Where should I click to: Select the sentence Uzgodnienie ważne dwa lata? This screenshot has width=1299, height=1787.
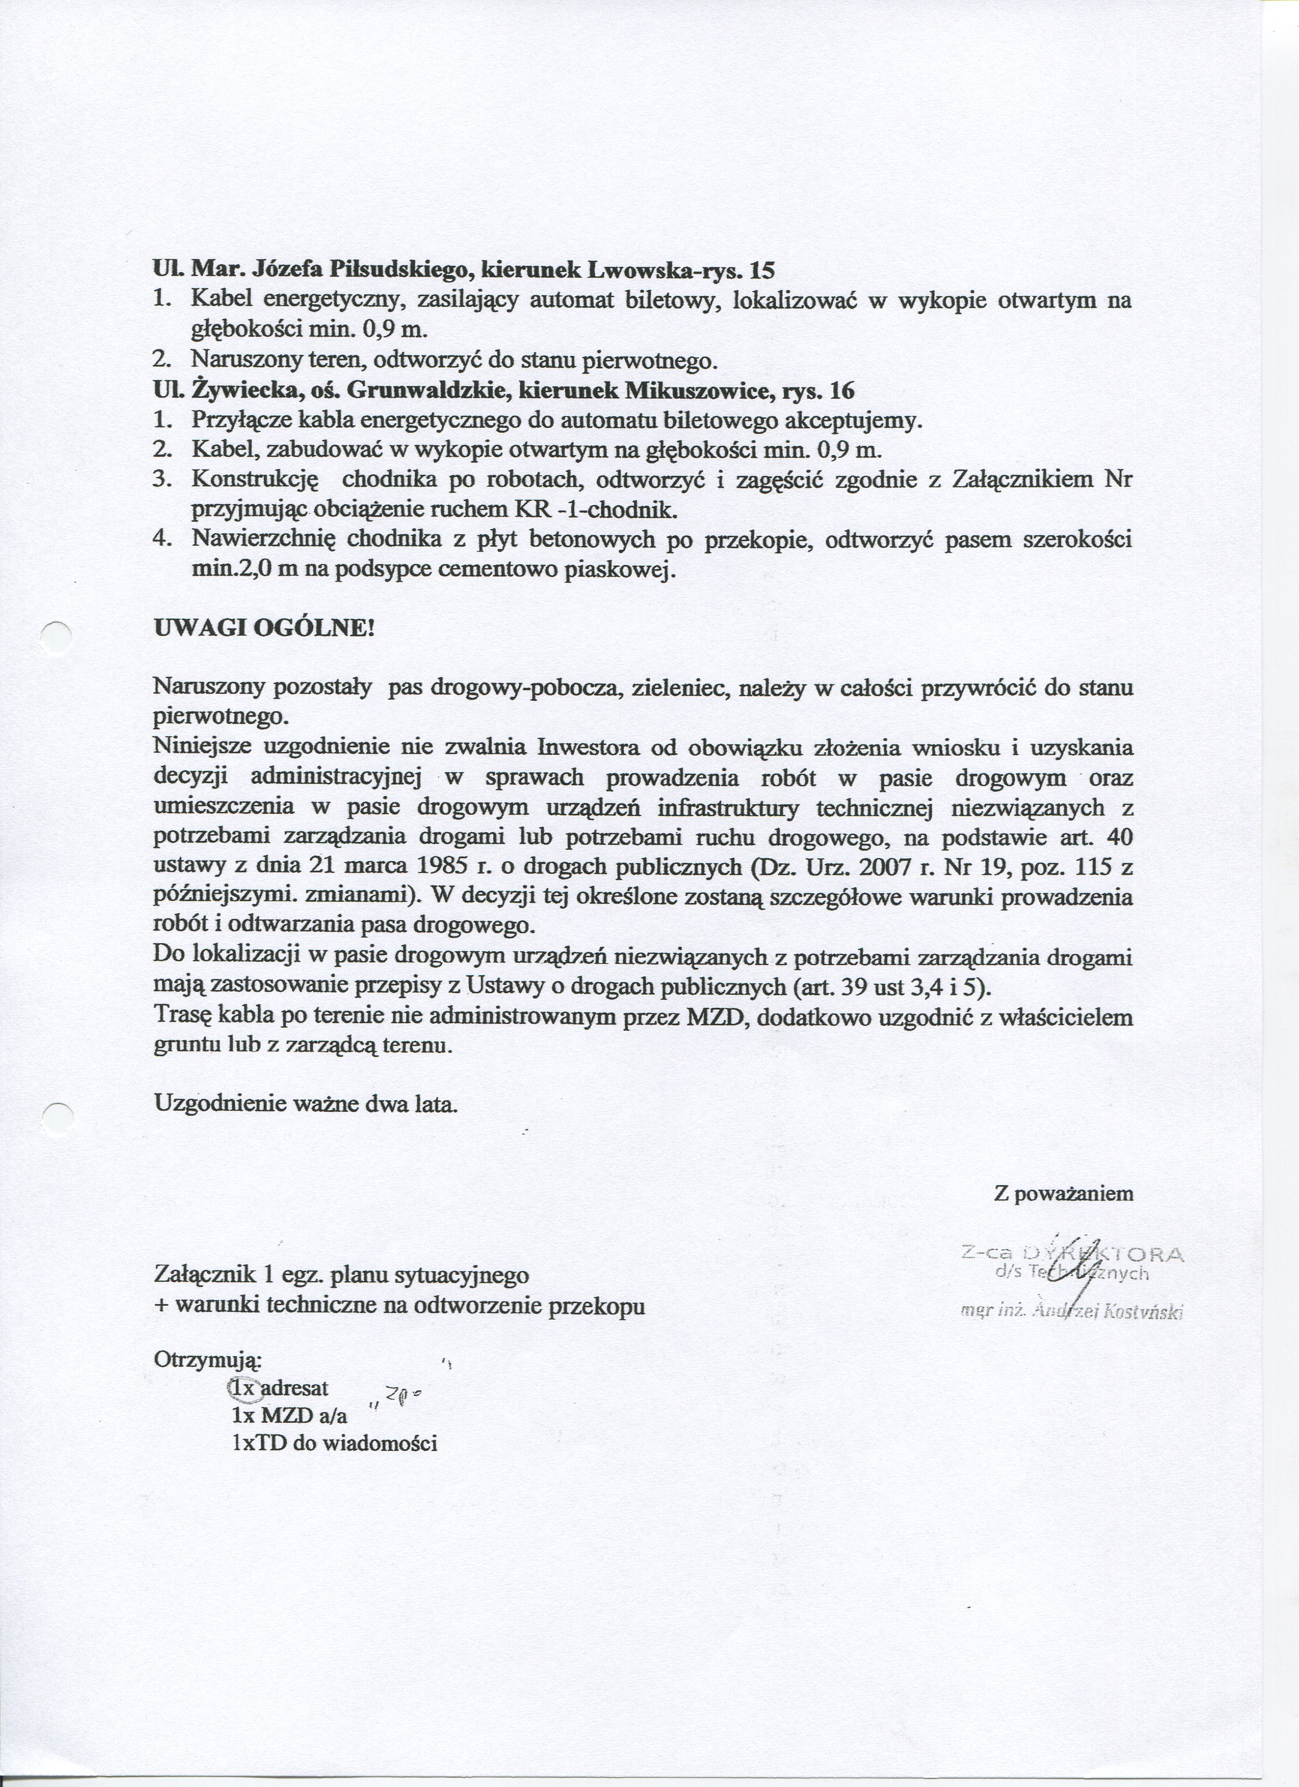pos(306,1103)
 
